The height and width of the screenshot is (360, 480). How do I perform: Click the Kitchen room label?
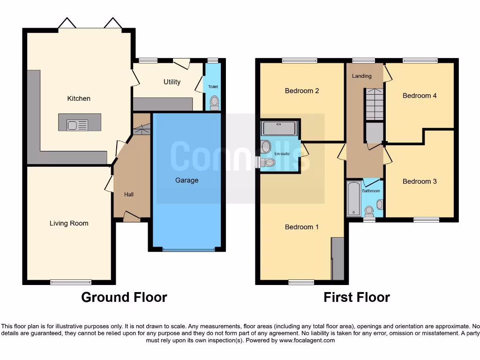tap(79, 98)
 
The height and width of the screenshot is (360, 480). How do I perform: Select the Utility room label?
tap(172, 82)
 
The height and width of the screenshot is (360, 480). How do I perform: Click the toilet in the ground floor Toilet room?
tap(215, 102)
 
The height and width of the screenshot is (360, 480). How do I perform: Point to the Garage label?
tap(187, 180)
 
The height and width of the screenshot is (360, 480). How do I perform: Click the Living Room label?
tap(69, 223)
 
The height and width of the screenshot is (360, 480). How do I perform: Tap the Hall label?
tap(129, 194)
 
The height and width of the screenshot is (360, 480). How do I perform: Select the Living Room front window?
tap(71, 282)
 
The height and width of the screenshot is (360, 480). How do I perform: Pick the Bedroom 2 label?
tap(302, 90)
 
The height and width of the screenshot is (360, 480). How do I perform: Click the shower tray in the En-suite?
tap(279, 128)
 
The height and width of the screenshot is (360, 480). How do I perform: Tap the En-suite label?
tap(282, 153)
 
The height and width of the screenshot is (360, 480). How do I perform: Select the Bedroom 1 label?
tap(302, 227)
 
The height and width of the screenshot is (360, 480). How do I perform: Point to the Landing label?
tap(361, 76)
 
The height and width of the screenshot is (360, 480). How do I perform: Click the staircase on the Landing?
tap(374, 104)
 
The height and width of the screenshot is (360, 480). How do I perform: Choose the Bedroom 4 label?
tap(420, 96)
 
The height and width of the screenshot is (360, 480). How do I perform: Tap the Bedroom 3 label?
tap(420, 181)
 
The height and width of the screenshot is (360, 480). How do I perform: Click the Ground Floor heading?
tap(124, 297)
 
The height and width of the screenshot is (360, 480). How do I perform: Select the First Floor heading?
tap(356, 297)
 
